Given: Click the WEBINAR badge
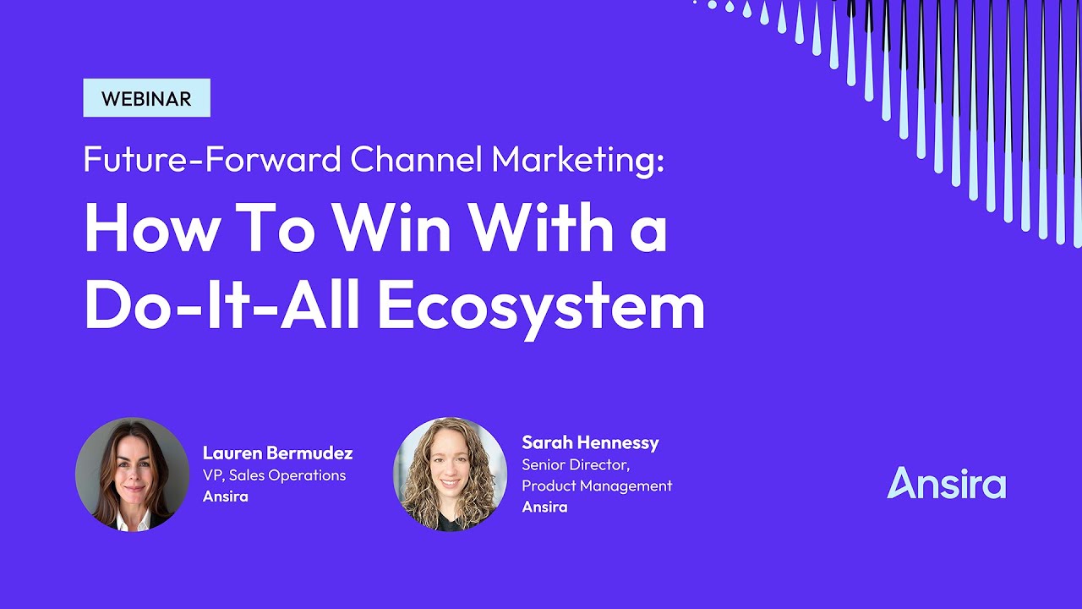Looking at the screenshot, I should tap(146, 98).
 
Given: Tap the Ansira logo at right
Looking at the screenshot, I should tap(946, 483).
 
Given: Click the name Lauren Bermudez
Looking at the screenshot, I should tap(277, 453).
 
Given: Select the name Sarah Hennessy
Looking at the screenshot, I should tap(590, 442).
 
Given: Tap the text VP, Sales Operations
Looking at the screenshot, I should tap(274, 475).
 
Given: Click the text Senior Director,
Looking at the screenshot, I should tap(576, 464).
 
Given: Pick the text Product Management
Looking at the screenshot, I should tap(597, 486).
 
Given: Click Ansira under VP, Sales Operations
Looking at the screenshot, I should tap(225, 497).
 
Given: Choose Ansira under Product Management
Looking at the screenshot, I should tap(544, 507).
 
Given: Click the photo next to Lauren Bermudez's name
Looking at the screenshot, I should tap(132, 475).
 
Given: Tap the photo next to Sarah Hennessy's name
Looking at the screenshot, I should tap(450, 475).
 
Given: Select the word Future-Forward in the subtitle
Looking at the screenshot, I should tap(212, 159).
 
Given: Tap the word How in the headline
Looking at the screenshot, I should tap(145, 229).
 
